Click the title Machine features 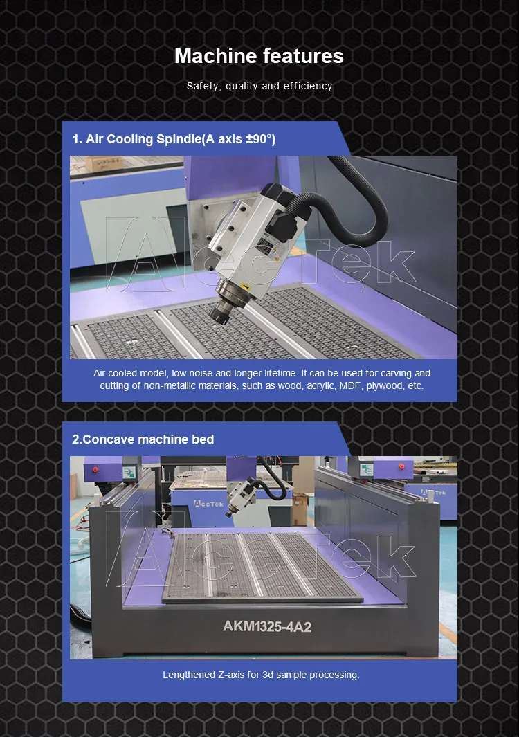coord(259,56)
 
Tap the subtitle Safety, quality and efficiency coord(259,86)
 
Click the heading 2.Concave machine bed coord(143,439)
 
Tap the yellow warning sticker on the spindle coord(244,285)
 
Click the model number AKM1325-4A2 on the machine coord(267,626)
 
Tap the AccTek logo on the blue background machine coord(208,504)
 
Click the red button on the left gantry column coord(96,470)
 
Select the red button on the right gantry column coord(401,466)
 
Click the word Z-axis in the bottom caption coord(231,675)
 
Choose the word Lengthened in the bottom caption coord(188,675)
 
